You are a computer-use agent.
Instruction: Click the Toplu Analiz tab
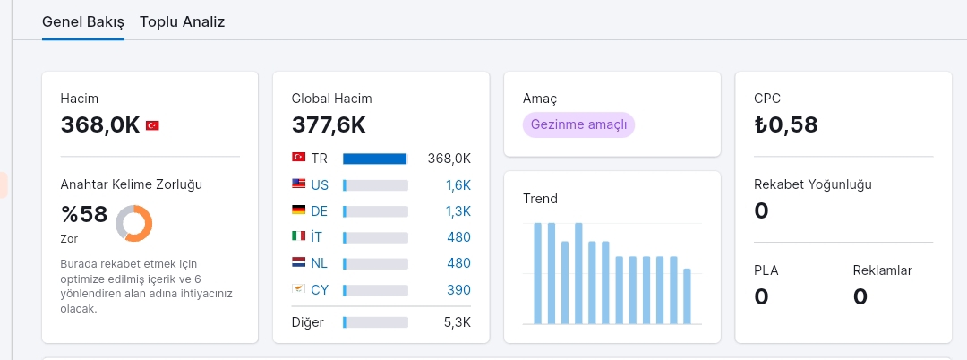coord(182,22)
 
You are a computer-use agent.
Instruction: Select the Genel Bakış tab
coord(83,22)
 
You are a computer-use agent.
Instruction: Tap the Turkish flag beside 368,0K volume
coord(152,125)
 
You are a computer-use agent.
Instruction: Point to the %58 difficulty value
coord(84,215)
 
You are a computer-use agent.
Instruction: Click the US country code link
coord(320,185)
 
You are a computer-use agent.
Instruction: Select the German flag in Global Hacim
coord(298,210)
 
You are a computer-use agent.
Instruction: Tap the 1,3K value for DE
coord(458,211)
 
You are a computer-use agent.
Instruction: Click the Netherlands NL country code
coord(319,263)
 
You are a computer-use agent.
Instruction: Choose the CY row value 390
coord(458,290)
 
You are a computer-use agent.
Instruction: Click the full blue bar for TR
coord(375,159)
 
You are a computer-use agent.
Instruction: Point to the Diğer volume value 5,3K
coord(458,322)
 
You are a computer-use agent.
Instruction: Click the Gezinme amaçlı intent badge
coord(578,124)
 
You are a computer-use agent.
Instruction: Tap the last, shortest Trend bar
coord(687,296)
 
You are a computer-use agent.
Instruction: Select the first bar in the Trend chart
coord(537,273)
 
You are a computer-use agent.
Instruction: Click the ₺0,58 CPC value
coord(786,124)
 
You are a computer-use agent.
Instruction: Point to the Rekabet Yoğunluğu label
coord(813,184)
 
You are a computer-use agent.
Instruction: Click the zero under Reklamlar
coord(860,296)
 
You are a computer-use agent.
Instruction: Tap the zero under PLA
coord(761,296)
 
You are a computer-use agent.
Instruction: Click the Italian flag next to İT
coord(298,236)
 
